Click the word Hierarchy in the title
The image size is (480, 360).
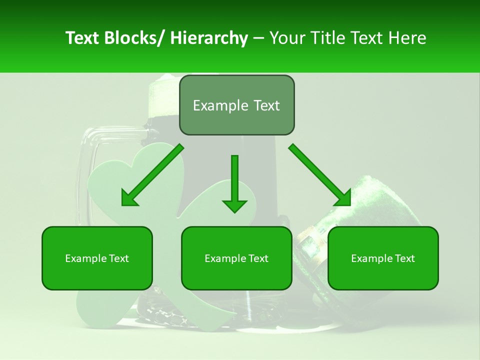(x=209, y=38)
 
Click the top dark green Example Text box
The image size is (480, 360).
(x=236, y=105)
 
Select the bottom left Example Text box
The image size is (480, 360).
(x=97, y=258)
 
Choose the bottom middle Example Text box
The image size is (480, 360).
(x=236, y=258)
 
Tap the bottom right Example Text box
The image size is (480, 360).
(x=383, y=258)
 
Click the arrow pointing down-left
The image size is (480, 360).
(x=152, y=175)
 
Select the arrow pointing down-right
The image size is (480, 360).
(x=320, y=175)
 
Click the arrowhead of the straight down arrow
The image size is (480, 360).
(x=234, y=205)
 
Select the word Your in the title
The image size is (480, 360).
(x=284, y=38)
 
